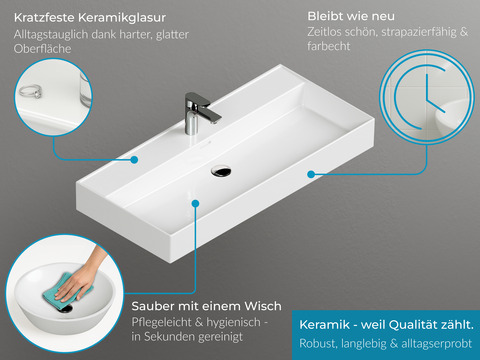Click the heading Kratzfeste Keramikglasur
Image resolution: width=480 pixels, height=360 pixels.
coord(90,18)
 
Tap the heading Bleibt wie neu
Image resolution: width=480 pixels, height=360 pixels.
coord(351,16)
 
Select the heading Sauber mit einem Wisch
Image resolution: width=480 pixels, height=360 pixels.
coord(206,306)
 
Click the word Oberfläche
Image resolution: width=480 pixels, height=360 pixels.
coord(43,49)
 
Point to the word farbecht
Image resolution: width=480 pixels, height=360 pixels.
coord(329,46)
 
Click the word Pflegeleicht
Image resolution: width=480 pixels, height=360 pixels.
coord(161,322)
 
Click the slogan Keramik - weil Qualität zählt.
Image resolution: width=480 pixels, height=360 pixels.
coord(386,324)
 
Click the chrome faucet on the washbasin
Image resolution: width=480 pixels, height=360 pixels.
coord(199,113)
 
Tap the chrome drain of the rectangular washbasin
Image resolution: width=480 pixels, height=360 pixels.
coord(221,171)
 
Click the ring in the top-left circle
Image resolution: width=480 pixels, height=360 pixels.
coord(31,91)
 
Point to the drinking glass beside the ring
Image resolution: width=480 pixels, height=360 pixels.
coord(85,89)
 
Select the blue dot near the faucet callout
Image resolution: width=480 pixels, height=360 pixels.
coord(134,160)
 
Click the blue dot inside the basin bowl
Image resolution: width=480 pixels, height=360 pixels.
coord(196,203)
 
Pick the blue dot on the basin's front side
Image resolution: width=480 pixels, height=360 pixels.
coord(311,174)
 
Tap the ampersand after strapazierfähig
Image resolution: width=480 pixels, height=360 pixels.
coord(464,32)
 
